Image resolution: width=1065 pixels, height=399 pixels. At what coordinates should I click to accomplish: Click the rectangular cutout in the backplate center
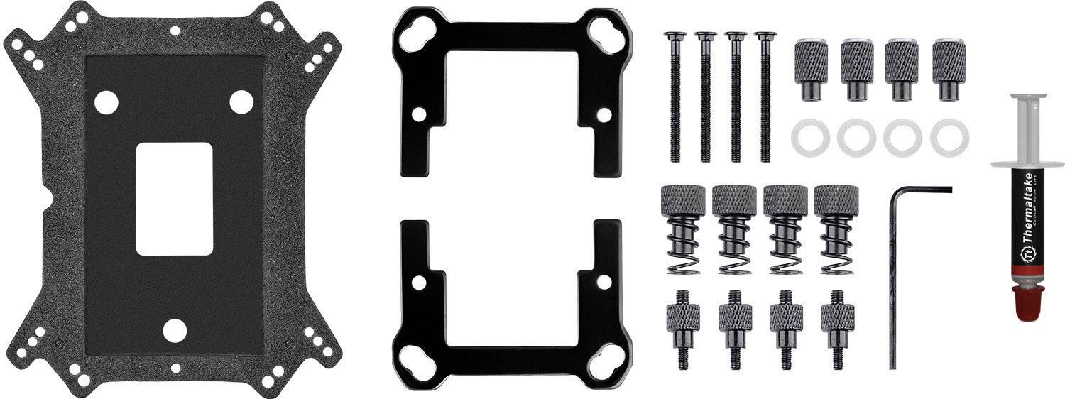point(174,199)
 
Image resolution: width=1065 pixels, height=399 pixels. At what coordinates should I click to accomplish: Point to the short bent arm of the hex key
point(922,190)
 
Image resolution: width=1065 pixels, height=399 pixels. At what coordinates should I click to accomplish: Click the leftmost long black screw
point(675,96)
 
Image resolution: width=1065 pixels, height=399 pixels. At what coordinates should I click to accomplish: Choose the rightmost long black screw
point(765,96)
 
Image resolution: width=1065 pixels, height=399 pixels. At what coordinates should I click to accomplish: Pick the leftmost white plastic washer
point(809,136)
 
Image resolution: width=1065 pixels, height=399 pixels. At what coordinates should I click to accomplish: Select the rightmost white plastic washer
point(949,136)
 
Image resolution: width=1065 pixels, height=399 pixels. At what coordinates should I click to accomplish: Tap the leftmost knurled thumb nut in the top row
point(811,69)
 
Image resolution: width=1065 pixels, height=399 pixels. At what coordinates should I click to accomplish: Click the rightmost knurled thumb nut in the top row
point(949,69)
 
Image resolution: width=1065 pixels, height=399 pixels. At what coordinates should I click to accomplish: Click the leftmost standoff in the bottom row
point(683,327)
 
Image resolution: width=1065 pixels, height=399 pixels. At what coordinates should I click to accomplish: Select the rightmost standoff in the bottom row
point(837,327)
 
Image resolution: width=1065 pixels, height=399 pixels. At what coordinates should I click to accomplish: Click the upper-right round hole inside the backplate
point(241,102)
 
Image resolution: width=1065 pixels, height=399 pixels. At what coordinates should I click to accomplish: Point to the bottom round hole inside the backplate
point(174,330)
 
